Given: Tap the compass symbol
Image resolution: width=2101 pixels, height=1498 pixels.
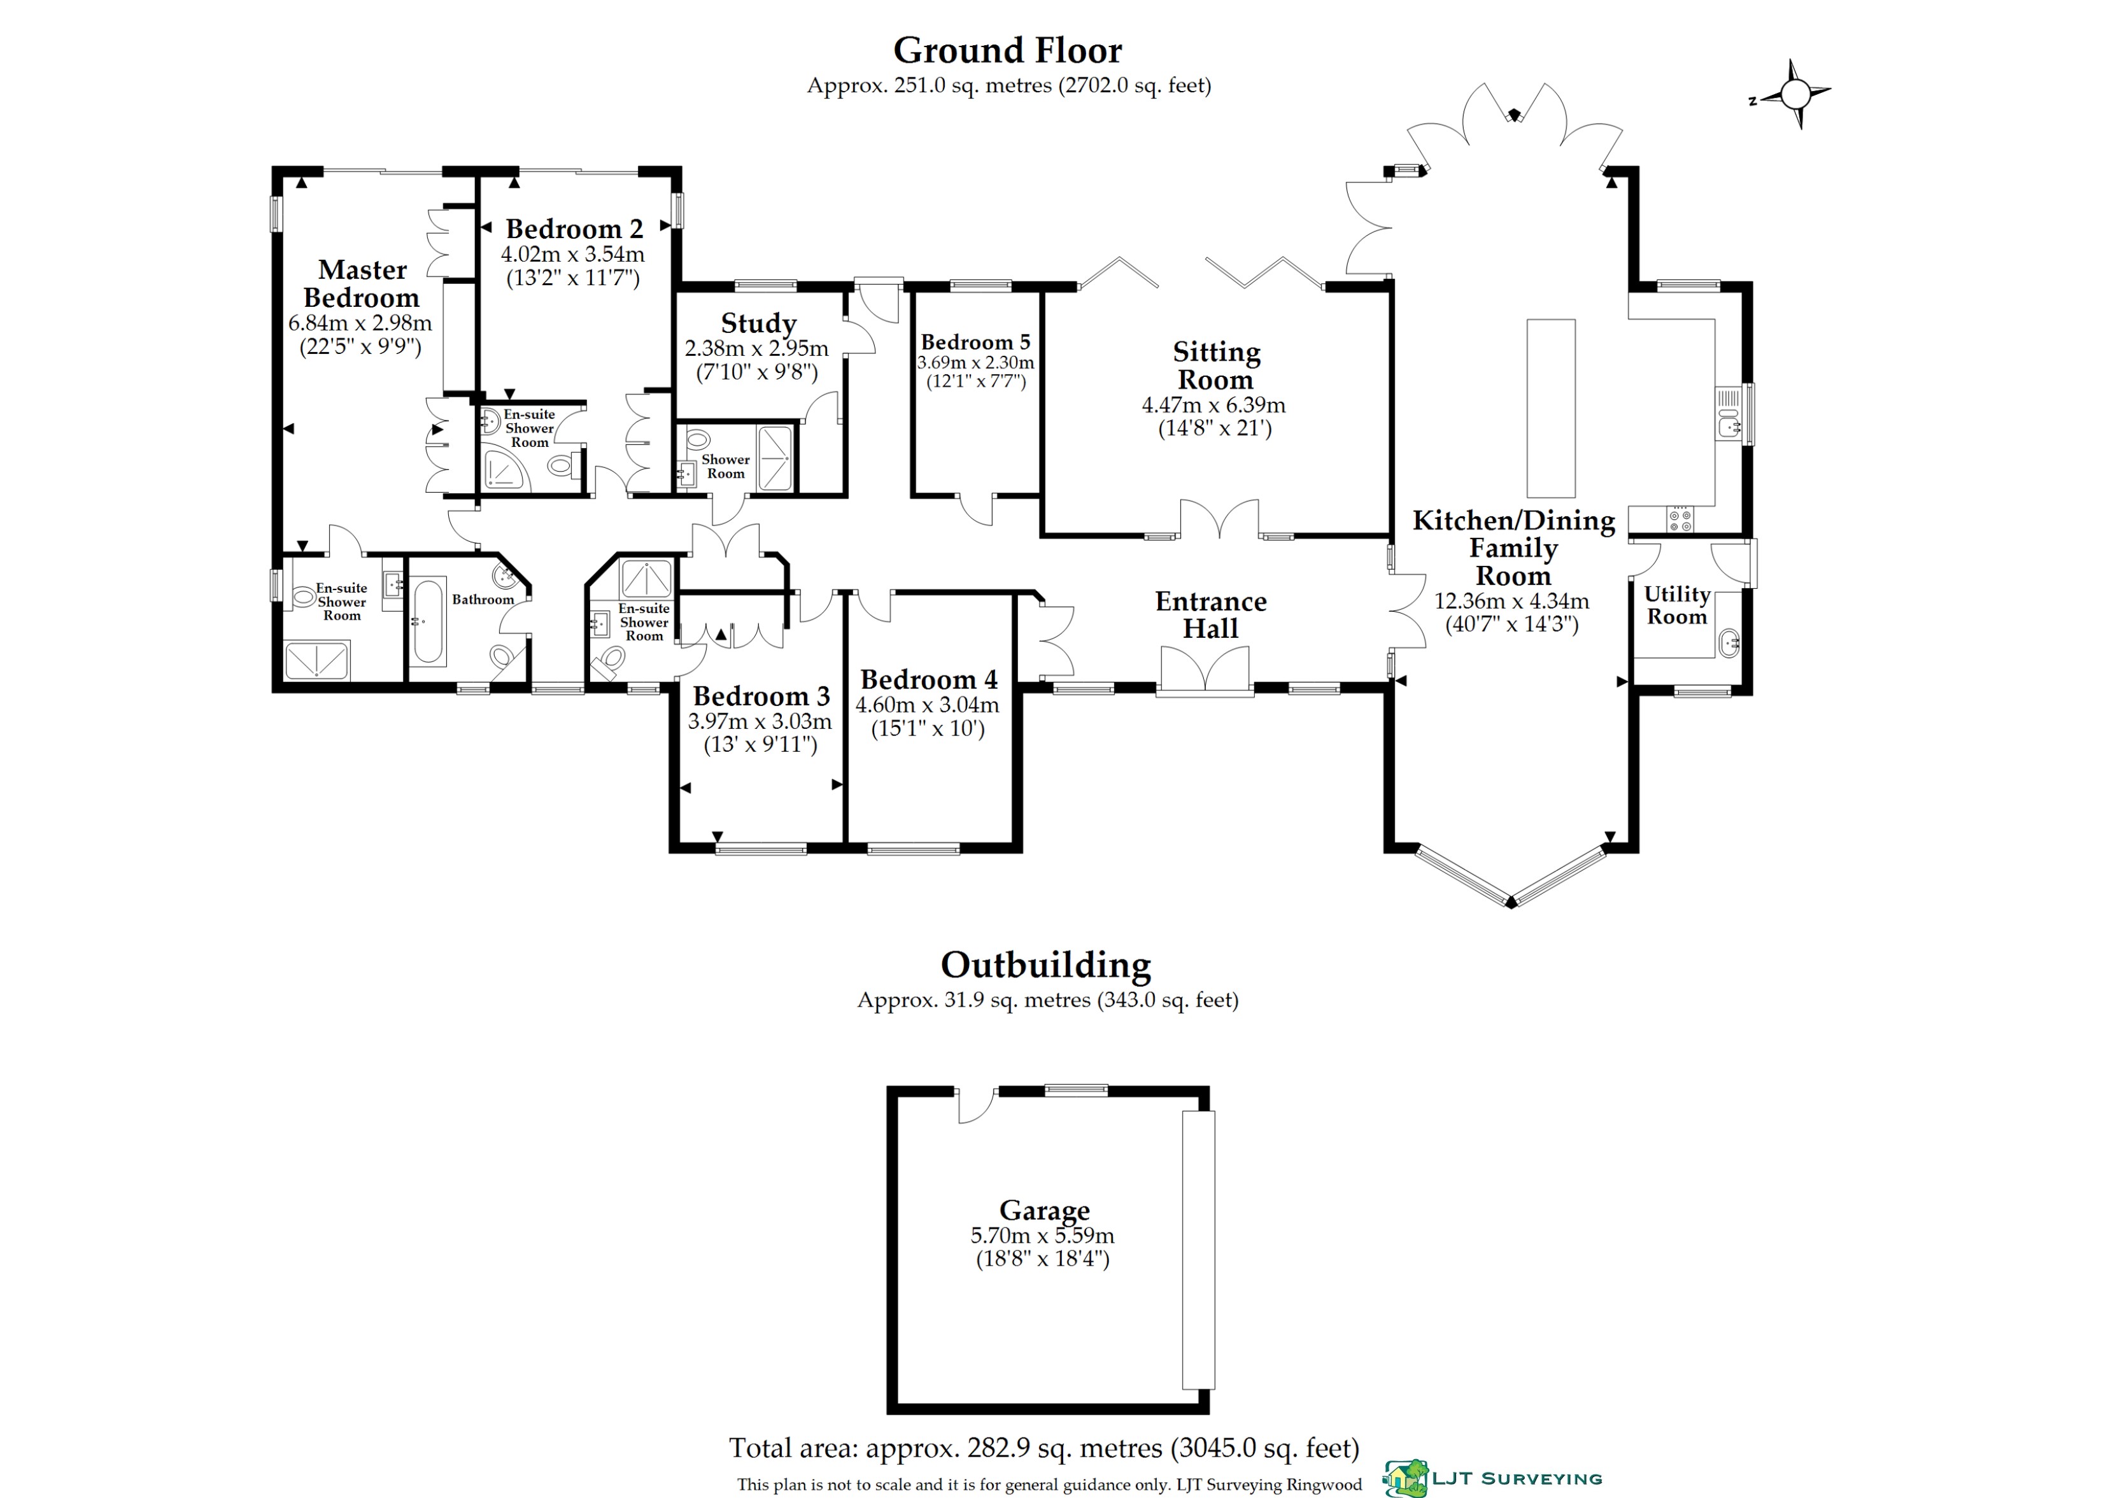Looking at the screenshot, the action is (1795, 94).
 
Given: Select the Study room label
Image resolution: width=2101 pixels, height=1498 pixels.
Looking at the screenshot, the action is (758, 323).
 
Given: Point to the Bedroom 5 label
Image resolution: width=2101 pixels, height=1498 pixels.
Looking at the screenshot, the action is (975, 343).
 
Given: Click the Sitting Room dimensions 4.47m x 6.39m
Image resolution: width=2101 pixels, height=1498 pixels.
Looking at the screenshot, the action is (1213, 404).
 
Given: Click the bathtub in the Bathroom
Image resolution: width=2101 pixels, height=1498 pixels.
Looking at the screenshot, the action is (429, 621).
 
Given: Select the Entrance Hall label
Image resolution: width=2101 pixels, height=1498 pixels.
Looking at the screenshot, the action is (1210, 614).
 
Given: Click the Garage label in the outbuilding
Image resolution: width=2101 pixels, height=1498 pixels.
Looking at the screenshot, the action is (1044, 1209).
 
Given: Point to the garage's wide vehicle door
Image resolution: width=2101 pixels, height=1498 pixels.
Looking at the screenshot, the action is (1198, 1250).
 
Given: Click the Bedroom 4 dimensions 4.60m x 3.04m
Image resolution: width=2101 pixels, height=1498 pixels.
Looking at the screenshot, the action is (927, 705).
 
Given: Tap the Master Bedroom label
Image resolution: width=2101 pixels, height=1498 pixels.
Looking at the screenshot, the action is (362, 283).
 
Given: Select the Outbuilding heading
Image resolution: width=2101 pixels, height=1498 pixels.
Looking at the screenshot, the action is (1045, 965).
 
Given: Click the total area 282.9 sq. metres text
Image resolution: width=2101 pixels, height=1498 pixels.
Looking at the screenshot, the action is (1044, 1448).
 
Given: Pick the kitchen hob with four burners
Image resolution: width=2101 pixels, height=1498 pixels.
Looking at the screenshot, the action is (1680, 519).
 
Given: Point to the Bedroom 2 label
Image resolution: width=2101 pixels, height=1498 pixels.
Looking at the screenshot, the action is (574, 229).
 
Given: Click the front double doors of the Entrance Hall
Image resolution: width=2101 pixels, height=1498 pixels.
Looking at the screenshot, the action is (1205, 668).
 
